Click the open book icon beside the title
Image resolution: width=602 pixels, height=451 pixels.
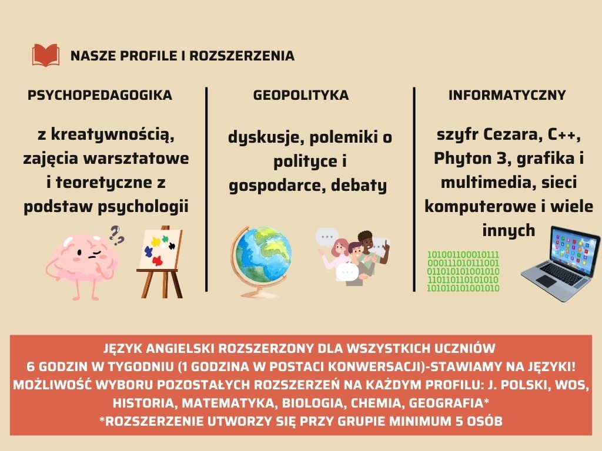pos(46,55)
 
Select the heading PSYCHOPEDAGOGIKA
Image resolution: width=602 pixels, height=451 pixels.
pos(100,95)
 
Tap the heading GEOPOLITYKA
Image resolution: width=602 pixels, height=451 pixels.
pos(300,95)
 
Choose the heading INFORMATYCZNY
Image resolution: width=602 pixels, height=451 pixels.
pos(507,95)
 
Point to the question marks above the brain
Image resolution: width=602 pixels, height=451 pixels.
pos(118,235)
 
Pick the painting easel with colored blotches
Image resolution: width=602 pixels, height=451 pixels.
pos(160,261)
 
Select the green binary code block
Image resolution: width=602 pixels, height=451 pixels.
pos(463,271)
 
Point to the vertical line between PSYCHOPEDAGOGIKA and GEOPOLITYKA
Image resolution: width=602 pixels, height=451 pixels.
pos(206,189)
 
